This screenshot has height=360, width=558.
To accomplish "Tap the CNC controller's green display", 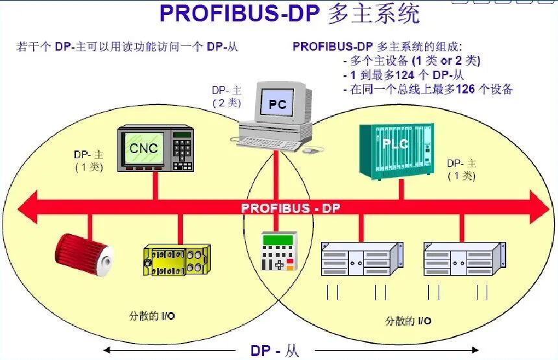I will point(143,148).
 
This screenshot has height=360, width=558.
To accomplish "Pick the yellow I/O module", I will point(176,259).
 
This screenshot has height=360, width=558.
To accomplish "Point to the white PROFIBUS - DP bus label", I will point(290,208).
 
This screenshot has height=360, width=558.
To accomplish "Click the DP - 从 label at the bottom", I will point(275,351).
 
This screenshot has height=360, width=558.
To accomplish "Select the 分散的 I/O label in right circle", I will point(409,320).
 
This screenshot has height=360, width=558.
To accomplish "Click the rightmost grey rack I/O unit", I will point(463,258).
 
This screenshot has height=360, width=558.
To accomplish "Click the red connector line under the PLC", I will point(402,189).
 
